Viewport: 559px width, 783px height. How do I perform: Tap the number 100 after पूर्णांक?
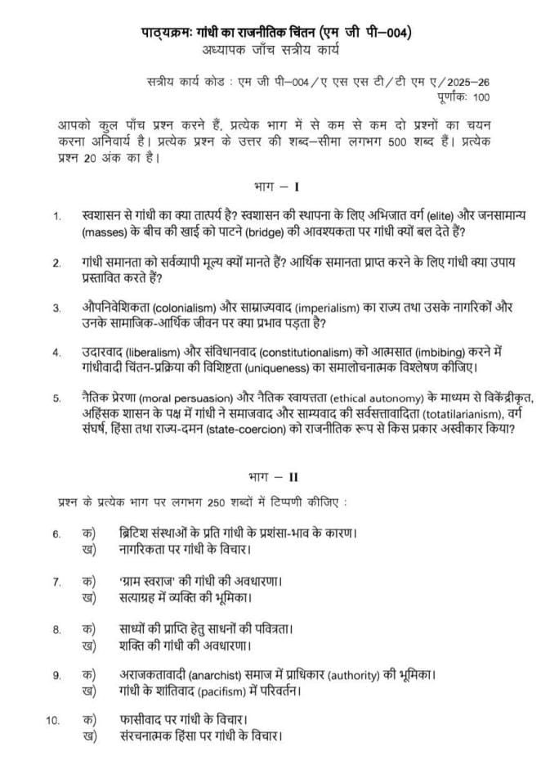[481, 97]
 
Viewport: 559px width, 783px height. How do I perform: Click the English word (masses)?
[105, 232]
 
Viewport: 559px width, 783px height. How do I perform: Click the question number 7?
[57, 583]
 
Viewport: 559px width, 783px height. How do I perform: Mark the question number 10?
[55, 721]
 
